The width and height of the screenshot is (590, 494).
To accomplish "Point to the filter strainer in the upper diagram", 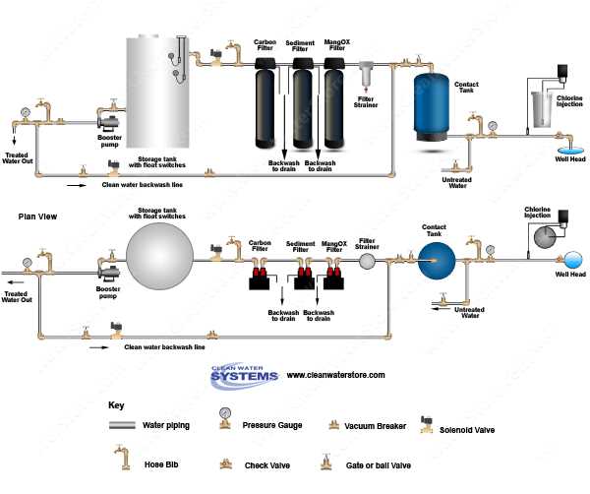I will pos(366,75).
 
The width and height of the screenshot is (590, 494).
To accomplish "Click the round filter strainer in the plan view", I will pos(367,261).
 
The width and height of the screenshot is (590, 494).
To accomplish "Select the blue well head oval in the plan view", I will pos(570,260).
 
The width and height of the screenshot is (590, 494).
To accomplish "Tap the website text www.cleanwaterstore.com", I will pos(336,375).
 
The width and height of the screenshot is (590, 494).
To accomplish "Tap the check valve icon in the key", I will pos(225,461).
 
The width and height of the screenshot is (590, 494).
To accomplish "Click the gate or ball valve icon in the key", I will pos(324,461).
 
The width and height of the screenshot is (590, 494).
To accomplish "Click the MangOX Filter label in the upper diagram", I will pos(334,46).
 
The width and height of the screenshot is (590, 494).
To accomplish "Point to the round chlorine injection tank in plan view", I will pos(544,236).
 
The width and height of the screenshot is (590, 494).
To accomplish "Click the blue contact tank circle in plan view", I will pos(433,261).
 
